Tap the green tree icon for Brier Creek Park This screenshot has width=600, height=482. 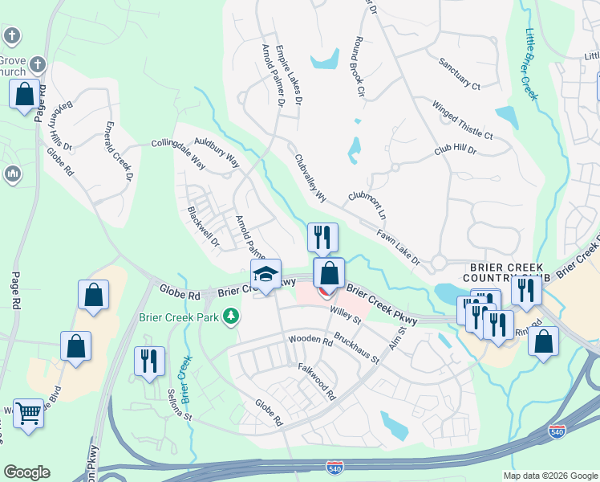tap(232, 316)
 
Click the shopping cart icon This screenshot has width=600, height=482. tap(29, 414)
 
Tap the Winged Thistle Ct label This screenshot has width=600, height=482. tap(463, 120)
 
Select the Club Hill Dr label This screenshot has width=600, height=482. tap(456, 150)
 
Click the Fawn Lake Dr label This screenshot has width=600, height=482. tap(399, 247)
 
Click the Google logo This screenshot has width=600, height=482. tap(26, 472)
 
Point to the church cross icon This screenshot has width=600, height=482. tap(11, 36)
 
